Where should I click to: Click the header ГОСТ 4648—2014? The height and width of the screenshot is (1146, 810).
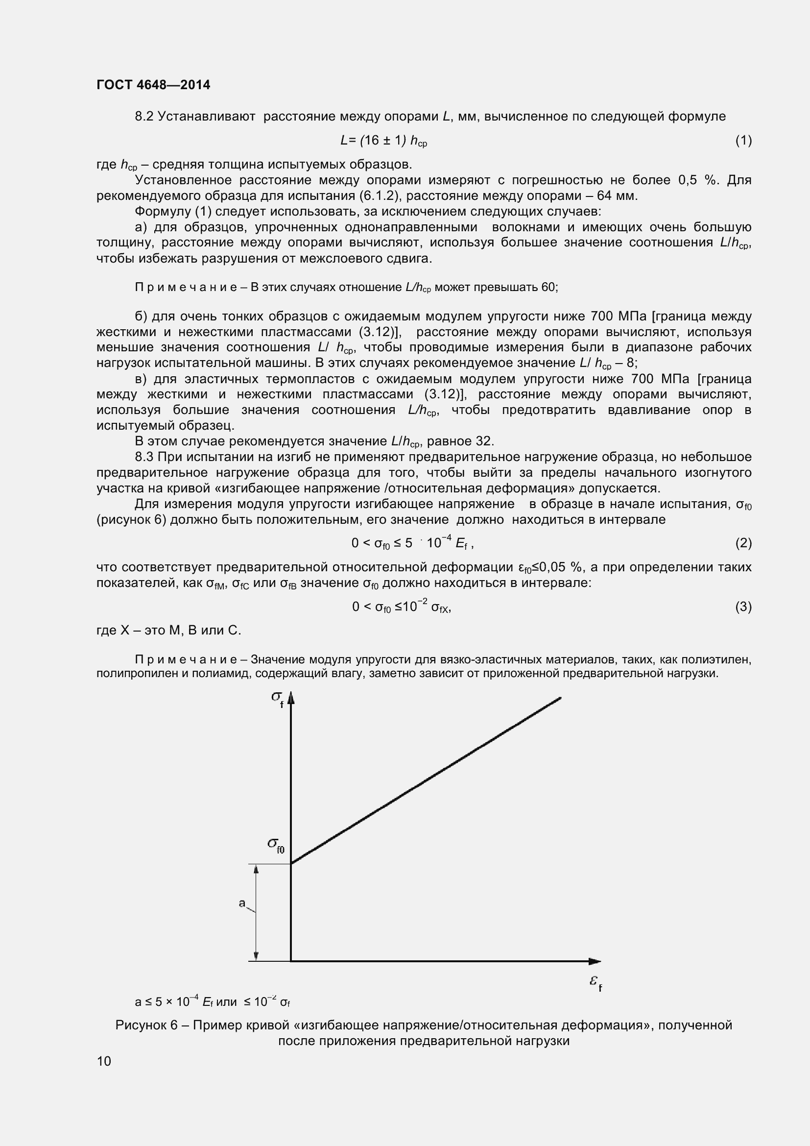[x=153, y=85]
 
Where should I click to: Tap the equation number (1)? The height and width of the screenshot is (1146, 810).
[x=743, y=141]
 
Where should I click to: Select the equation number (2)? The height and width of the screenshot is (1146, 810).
[x=743, y=543]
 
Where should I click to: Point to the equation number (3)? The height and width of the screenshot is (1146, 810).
[x=743, y=607]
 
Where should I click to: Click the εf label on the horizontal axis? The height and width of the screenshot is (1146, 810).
[x=596, y=982]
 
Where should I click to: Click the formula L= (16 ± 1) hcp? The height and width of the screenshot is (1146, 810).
[x=383, y=141]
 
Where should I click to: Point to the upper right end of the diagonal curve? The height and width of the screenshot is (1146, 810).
[x=561, y=698]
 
